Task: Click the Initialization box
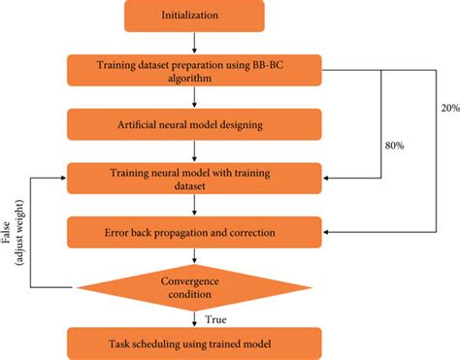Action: click(195, 16)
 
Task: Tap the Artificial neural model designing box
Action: click(195, 123)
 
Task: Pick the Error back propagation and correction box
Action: click(195, 234)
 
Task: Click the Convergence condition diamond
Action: click(195, 286)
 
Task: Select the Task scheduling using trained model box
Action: click(195, 341)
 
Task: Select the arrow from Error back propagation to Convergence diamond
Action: click(195, 256)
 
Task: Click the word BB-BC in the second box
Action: click(297, 64)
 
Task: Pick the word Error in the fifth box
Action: click(113, 234)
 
